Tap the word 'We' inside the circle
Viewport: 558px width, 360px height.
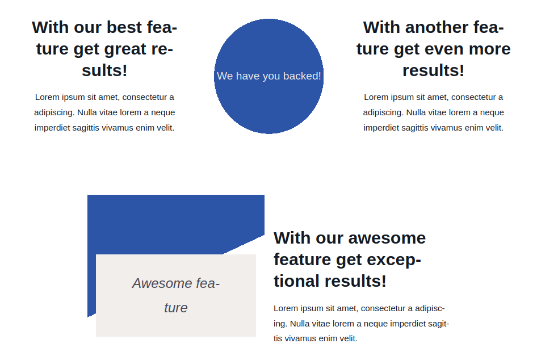(225, 76)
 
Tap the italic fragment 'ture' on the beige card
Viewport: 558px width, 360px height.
(175, 308)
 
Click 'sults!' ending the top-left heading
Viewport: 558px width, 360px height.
(104, 70)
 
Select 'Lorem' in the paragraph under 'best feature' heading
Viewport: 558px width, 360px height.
(47, 97)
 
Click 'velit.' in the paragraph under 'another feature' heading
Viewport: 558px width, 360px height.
(491, 128)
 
